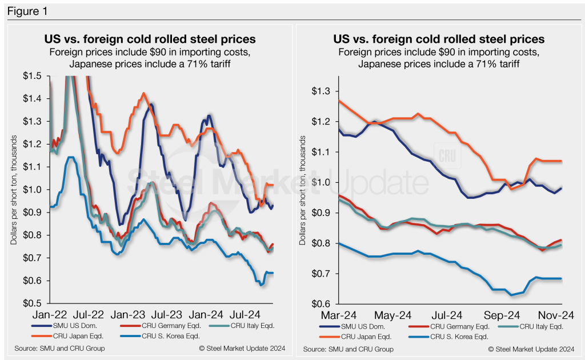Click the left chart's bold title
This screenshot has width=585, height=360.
click(x=150, y=39)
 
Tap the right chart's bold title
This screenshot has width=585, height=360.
click(x=439, y=39)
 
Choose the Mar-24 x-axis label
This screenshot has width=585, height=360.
click(x=339, y=314)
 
